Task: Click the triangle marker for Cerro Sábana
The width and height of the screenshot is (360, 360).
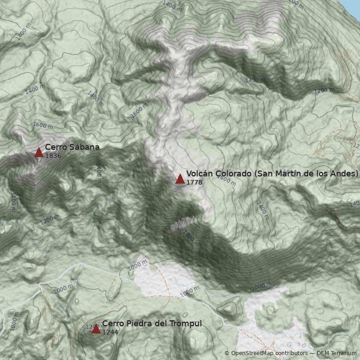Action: coord(39,153)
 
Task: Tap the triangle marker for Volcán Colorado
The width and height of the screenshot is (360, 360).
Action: coord(180,179)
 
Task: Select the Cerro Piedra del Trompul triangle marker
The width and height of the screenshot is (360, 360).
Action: coord(96,329)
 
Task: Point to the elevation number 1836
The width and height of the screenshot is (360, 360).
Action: coord(53,156)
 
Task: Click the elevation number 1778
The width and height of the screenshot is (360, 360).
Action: coord(194,182)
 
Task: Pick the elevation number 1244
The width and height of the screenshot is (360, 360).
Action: coord(110,332)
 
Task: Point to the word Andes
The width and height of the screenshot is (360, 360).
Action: coord(344,174)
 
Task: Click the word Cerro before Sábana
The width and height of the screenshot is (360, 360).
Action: coord(55,147)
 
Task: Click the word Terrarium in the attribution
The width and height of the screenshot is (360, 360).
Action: coord(343,354)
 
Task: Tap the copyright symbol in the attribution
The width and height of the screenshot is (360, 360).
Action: coord(227,354)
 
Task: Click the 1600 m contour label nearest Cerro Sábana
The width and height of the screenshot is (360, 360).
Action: coord(43,125)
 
